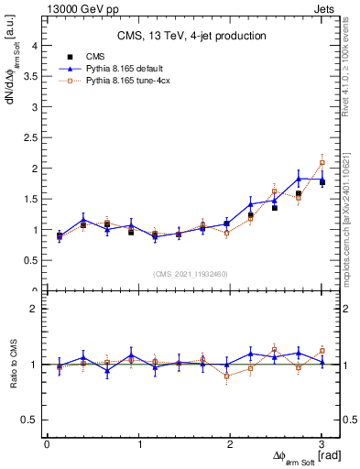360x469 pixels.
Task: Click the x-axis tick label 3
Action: pyautogui.click(x=322, y=444)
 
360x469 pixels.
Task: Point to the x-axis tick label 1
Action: pyautogui.click(x=138, y=444)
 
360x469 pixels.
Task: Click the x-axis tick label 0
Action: pyautogui.click(x=47, y=444)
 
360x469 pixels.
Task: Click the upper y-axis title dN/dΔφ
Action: pyautogui.click(x=14, y=82)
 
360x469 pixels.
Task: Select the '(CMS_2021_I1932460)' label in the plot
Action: pyautogui.click(x=191, y=272)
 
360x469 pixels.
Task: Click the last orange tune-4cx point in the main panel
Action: pyautogui.click(x=322, y=163)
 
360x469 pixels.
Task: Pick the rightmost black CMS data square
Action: pyautogui.click(x=322, y=182)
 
